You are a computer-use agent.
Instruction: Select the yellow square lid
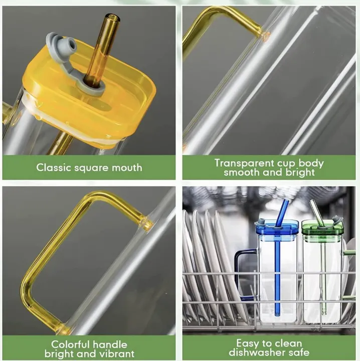(90, 92)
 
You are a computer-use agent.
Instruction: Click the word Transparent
(244, 163)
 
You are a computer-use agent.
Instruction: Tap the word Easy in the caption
(246, 343)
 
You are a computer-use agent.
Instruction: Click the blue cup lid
(276, 227)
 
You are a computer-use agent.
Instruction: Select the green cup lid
(322, 228)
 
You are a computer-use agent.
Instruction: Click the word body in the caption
(311, 163)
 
